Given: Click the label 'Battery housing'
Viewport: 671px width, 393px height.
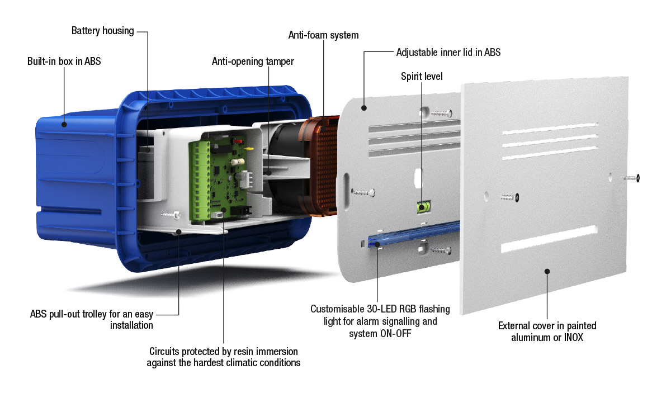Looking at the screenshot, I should click(102, 31).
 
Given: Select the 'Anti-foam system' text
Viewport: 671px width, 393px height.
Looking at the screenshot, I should click(323, 35).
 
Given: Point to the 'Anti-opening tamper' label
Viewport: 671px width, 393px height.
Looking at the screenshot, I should click(253, 61).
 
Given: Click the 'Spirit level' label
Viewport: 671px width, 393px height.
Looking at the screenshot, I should click(422, 76).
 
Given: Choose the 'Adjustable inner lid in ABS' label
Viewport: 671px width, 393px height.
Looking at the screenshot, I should click(448, 53).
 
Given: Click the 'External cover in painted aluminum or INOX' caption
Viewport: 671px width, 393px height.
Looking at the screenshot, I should click(547, 332).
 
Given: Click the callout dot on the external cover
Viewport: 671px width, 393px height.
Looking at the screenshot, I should click(547, 271).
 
